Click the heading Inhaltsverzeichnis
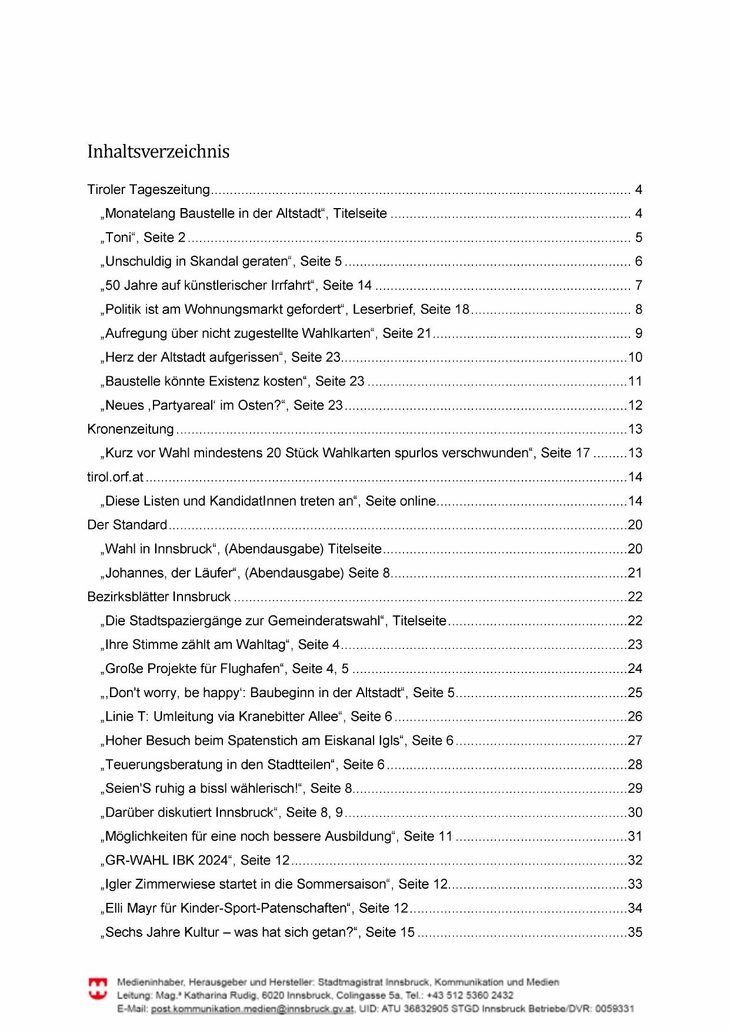tap(158, 152)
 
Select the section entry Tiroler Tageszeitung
tap(148, 190)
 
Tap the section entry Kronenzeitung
tap(131, 429)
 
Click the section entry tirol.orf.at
tap(115, 477)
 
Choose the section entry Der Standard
tap(127, 525)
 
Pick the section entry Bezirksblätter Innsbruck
tap(159, 597)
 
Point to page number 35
tap(635, 932)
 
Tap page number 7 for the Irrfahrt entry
tap(638, 286)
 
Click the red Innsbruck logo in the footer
tap(98, 988)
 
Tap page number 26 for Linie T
tap(635, 717)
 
